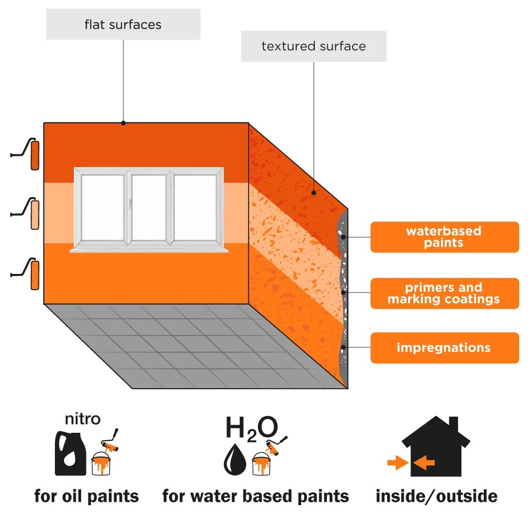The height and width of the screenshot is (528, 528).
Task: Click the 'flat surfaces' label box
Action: [x=123, y=24]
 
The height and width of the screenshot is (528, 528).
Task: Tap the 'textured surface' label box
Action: [x=313, y=46]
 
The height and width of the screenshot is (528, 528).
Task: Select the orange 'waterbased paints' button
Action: [x=444, y=237]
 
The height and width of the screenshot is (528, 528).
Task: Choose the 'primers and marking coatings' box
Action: [x=444, y=293]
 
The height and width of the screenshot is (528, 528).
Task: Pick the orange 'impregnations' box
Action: [x=444, y=348]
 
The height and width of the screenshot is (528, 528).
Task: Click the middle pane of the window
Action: [x=149, y=207]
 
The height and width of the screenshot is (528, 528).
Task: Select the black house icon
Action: [x=436, y=446]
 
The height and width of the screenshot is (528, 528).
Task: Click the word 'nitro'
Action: [x=83, y=419]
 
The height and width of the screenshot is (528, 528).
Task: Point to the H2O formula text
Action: [x=252, y=428]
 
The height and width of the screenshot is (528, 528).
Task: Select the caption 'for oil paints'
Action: [x=86, y=496]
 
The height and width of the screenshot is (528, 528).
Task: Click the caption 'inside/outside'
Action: [x=437, y=496]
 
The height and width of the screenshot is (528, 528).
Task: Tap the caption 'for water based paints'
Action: [x=255, y=496]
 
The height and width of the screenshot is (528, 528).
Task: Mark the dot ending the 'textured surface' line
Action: [x=313, y=193]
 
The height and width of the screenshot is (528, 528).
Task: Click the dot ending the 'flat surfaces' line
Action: [x=123, y=123]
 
